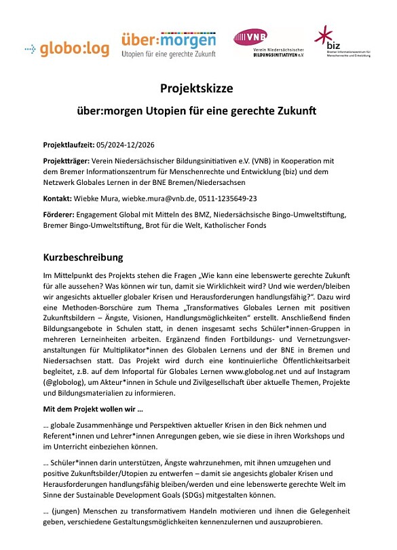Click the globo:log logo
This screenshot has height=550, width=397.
[x=62, y=48]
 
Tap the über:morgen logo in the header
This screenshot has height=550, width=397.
[x=168, y=46]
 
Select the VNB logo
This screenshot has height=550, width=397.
[x=268, y=44]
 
